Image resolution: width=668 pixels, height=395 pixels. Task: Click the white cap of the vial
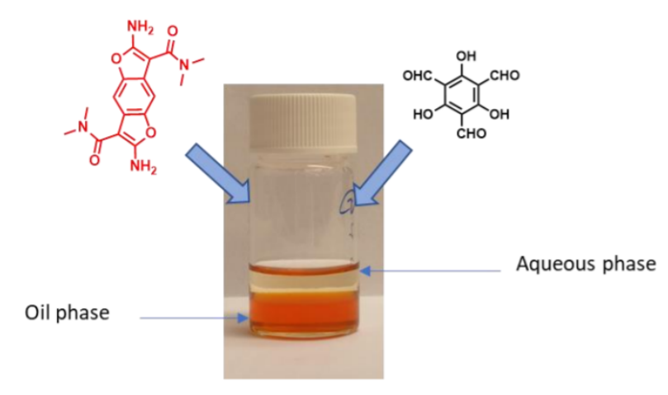[x=303, y=123]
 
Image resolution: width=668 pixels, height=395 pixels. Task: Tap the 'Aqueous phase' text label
[x=585, y=264]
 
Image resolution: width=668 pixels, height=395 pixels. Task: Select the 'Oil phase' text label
[x=67, y=313]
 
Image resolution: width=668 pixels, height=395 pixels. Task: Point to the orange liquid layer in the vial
[x=303, y=313]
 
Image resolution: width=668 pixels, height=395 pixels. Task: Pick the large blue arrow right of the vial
[x=382, y=173]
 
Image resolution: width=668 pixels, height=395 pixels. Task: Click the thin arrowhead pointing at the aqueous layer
[x=366, y=270]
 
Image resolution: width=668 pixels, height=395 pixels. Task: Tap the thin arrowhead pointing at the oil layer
[x=244, y=318]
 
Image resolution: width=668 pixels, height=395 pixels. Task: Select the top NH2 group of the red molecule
[x=140, y=27]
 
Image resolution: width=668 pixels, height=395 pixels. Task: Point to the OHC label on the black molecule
[x=417, y=76]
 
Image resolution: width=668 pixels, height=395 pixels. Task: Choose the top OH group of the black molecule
[x=466, y=56]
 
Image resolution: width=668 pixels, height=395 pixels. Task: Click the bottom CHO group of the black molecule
[x=471, y=134]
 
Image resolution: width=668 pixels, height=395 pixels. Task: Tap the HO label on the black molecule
[x=423, y=114]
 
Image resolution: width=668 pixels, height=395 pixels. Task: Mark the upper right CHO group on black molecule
[x=505, y=76]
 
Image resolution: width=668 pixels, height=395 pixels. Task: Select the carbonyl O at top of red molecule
[x=173, y=31]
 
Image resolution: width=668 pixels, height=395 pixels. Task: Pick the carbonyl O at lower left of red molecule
[x=95, y=160]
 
